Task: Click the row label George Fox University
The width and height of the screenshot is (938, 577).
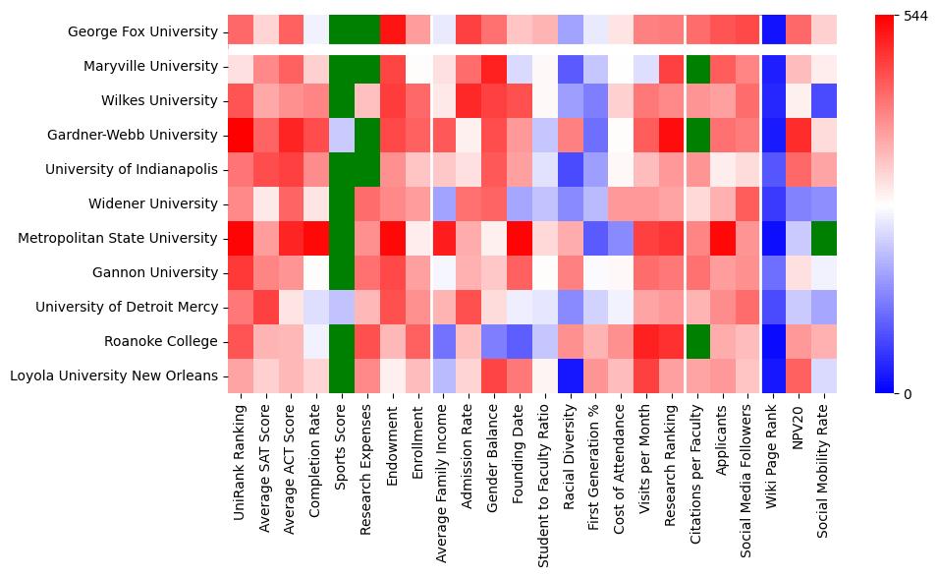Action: [143, 31]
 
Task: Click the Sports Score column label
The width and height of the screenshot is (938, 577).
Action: [343, 458]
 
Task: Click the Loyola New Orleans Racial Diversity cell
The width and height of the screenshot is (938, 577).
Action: [572, 375]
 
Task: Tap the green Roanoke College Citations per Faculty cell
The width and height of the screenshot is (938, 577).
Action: [699, 341]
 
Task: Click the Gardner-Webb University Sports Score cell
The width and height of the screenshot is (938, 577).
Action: [343, 135]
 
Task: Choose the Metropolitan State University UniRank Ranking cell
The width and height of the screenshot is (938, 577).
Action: [241, 238]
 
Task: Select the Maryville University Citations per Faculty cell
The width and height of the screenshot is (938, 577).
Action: [699, 66]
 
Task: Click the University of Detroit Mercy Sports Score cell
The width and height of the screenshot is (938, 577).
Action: [343, 307]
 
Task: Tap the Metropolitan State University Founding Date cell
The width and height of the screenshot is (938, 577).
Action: [521, 238]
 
